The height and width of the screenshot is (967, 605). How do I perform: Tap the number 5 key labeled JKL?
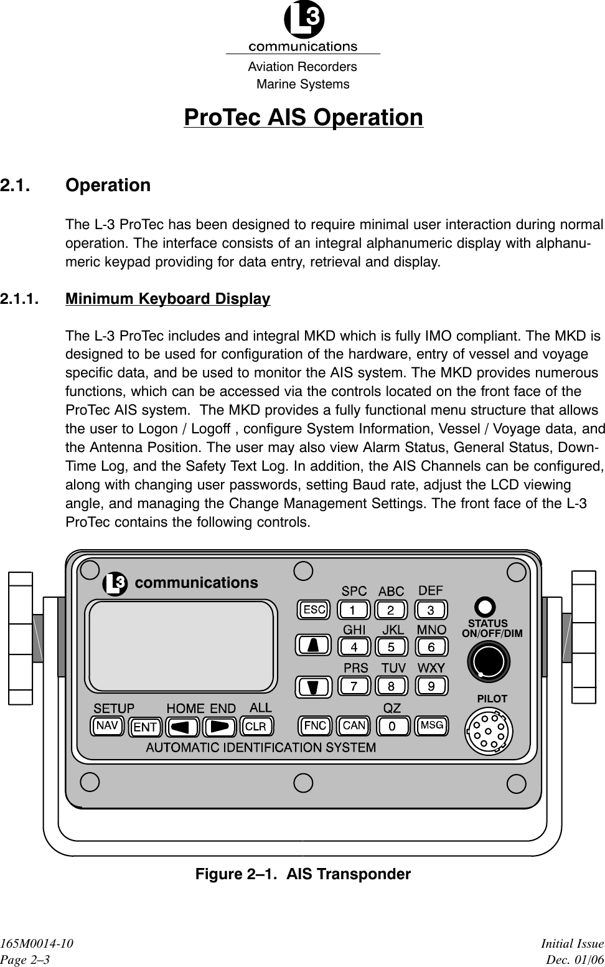[392, 647]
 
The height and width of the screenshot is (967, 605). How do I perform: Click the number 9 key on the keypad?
[431, 686]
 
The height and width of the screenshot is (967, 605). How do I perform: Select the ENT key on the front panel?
[145, 727]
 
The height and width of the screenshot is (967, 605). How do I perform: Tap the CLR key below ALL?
[255, 727]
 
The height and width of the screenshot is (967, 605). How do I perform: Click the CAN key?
[354, 725]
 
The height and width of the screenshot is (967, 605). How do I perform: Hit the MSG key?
[431, 725]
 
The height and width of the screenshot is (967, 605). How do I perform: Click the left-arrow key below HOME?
[182, 727]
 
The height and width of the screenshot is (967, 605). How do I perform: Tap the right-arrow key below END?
[219, 727]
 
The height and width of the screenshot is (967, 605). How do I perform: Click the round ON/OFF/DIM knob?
[489, 661]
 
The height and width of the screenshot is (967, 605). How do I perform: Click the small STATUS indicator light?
[485, 606]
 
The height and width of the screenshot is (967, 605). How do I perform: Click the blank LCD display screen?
[182, 645]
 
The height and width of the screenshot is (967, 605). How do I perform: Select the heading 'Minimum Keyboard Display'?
[168, 299]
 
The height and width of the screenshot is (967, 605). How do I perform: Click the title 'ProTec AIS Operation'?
[303, 118]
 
